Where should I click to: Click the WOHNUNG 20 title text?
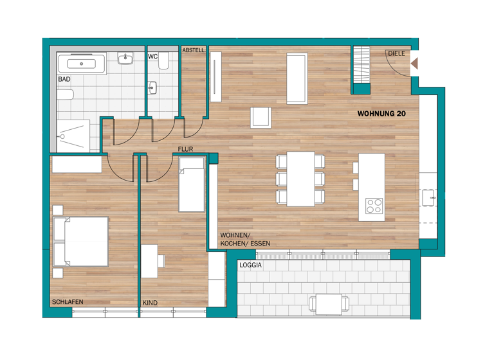coord(381,113)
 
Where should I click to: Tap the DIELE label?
coord(396,53)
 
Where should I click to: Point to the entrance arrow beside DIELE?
coord(414,64)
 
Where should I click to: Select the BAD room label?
coord(64,79)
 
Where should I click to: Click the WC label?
coord(153,57)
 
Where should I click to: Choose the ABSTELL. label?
coord(194,50)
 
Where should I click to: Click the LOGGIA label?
coord(250,265)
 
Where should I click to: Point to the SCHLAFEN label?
coord(68,301)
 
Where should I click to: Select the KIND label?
coord(150,303)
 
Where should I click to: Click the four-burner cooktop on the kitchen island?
coord(374,206)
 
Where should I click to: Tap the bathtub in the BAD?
coord(82,64)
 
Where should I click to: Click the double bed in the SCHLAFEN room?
coord(80,241)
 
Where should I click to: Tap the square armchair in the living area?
coord(261,118)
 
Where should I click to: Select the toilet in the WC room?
coord(164,62)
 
